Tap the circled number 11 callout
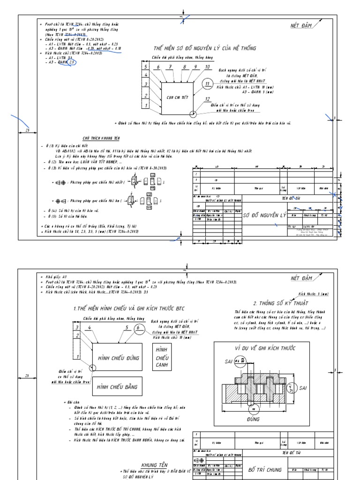tap(208, 84)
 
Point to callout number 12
tap(207, 99)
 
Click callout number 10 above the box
tap(207, 67)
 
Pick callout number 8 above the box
tap(184, 67)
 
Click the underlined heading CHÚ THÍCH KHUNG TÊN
tap(102, 139)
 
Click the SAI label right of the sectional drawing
tap(303, 388)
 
